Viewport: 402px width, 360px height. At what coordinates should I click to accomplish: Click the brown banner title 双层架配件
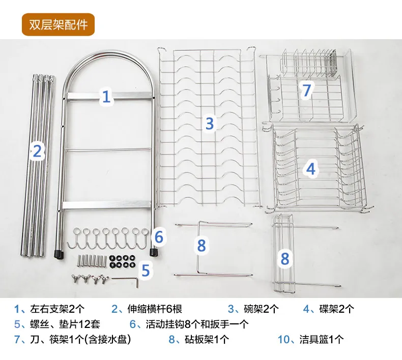click(x=58, y=24)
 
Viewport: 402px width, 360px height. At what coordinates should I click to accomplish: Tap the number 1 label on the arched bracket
click(x=106, y=96)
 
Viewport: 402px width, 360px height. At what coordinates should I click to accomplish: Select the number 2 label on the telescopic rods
click(x=37, y=151)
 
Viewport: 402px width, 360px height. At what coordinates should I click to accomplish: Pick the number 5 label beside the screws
click(x=146, y=270)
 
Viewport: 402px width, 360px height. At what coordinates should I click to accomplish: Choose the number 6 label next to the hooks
click(x=159, y=236)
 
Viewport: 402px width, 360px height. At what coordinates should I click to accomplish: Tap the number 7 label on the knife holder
click(x=306, y=91)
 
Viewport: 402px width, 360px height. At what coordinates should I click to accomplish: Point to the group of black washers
click(x=121, y=261)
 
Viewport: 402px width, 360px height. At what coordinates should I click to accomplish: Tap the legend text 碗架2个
click(x=261, y=309)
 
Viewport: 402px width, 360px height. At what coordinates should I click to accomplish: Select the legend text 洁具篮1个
click(x=321, y=339)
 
